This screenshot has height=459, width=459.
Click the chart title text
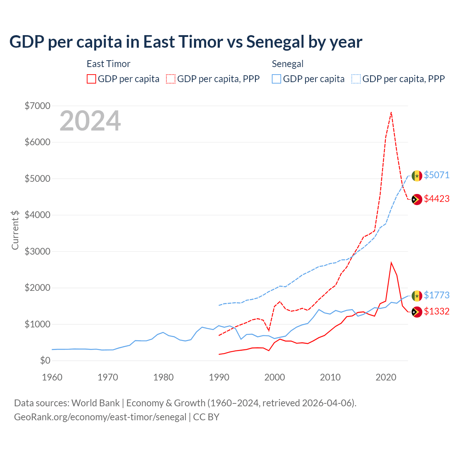pyautogui.click(x=186, y=42)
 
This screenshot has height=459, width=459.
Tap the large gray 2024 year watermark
pyautogui.click(x=90, y=121)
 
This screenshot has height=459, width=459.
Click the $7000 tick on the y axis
pyautogui.click(x=37, y=106)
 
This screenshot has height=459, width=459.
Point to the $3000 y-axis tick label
pyautogui.click(x=37, y=251)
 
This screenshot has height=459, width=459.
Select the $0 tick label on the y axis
pyautogui.click(x=45, y=360)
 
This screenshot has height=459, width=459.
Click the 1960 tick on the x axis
pyautogui.click(x=52, y=377)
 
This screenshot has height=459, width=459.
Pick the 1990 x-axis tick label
pyautogui.click(x=219, y=377)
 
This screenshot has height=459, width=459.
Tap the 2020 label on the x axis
pyautogui.click(x=386, y=377)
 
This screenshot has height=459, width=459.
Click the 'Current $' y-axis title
pyautogui.click(x=15, y=230)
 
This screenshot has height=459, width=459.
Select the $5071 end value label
pyautogui.click(x=436, y=175)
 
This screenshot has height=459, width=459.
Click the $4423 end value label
pyautogui.click(x=436, y=199)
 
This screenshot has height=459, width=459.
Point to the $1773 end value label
pyautogui.click(x=436, y=295)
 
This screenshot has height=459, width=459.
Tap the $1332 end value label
pyautogui.click(x=436, y=311)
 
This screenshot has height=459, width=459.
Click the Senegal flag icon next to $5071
pyautogui.click(x=417, y=176)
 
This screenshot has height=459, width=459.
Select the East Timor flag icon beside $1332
pyautogui.click(x=417, y=312)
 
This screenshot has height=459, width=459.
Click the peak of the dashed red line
pyautogui.click(x=391, y=112)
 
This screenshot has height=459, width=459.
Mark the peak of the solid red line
pyautogui.click(x=391, y=262)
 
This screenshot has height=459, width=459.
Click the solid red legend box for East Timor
pyautogui.click(x=91, y=79)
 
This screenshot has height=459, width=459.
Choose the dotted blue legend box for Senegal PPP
pyautogui.click(x=356, y=79)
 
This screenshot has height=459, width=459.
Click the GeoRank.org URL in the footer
pyautogui.click(x=100, y=417)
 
